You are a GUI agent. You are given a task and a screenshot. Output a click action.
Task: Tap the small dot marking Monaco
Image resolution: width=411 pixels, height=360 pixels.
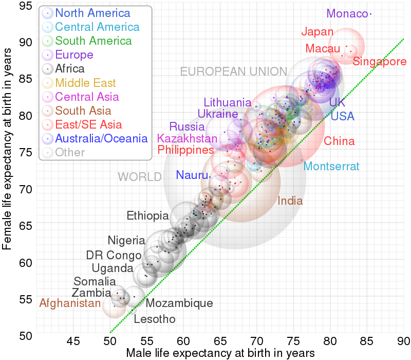(x=370, y=14)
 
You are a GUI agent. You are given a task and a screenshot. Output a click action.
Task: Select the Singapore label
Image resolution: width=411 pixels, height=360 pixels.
(x=380, y=62)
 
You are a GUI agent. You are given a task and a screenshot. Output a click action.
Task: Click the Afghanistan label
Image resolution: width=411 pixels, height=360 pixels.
(x=70, y=303)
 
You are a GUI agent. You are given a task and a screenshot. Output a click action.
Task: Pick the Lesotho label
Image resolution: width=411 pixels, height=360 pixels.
(x=155, y=319)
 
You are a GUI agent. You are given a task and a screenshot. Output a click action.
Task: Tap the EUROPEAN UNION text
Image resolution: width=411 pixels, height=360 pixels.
(x=234, y=71)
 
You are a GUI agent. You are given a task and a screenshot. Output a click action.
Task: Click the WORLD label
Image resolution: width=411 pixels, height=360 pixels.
(x=140, y=177)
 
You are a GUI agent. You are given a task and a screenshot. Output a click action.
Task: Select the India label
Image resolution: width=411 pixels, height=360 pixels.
(x=290, y=201)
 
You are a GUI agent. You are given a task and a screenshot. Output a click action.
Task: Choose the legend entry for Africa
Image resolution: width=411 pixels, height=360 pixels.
(x=70, y=68)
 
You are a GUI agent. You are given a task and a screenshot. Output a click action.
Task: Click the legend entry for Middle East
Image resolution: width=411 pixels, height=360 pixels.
(x=85, y=82)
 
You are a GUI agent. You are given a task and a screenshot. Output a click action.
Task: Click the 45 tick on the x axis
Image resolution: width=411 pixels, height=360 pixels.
(x=74, y=341)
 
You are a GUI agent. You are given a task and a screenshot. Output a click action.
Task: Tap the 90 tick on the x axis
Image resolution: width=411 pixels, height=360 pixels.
(x=404, y=341)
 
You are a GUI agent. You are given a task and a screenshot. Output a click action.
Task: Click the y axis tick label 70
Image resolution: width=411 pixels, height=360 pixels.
(x=26, y=189)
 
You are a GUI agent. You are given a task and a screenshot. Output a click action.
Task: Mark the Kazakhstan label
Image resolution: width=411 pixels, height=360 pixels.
(x=188, y=138)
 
